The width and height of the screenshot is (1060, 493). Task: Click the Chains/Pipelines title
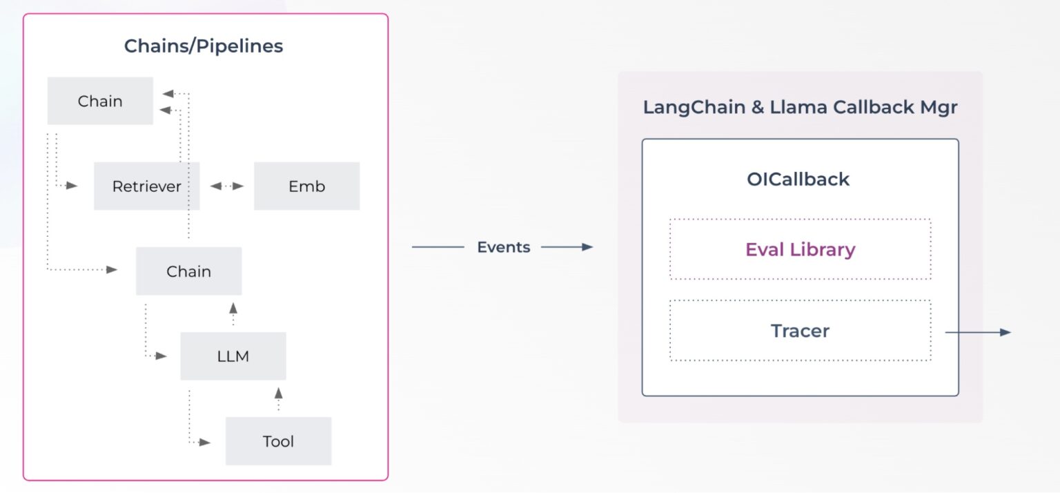[x=204, y=46]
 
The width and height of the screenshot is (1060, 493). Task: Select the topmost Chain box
[x=100, y=101]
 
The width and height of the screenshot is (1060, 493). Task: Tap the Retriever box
[x=146, y=186]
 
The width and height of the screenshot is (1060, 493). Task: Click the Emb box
[x=306, y=186]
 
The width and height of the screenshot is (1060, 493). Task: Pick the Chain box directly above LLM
[x=188, y=271]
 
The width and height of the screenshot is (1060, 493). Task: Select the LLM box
[x=233, y=356]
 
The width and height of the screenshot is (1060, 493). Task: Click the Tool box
[x=278, y=441]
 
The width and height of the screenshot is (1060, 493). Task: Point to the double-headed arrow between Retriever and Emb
[x=227, y=186]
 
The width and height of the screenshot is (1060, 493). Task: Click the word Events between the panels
[x=504, y=247]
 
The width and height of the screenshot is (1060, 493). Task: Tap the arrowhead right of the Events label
[x=588, y=247]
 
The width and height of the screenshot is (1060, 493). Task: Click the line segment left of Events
[x=438, y=247]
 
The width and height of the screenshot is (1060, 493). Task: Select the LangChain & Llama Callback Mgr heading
[x=800, y=108]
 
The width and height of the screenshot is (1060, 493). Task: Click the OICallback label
[x=798, y=180]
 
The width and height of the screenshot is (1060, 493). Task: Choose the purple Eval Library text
[x=800, y=249]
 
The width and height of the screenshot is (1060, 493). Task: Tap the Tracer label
[x=800, y=331]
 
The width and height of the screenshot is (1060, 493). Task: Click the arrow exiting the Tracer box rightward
[x=977, y=333]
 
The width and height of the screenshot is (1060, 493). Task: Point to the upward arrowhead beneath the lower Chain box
[x=233, y=307]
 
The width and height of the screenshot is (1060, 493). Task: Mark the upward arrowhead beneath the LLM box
[x=278, y=393]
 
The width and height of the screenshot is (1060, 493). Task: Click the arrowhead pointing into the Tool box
[x=205, y=442]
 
